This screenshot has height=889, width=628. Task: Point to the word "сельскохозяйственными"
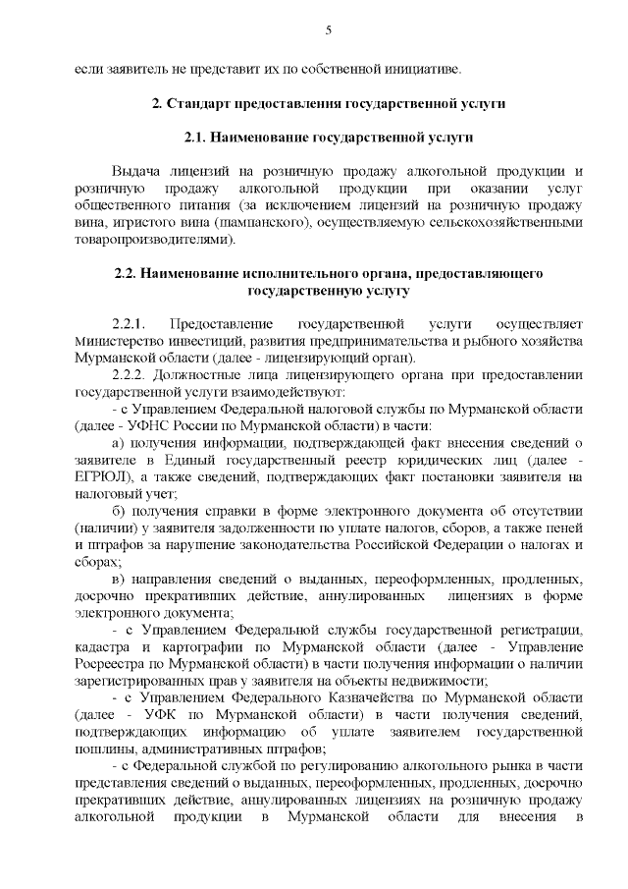click(x=505, y=223)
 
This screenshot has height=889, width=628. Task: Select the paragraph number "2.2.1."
click(x=130, y=323)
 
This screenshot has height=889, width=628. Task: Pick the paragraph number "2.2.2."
click(x=130, y=374)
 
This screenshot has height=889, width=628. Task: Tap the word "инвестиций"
click(x=209, y=340)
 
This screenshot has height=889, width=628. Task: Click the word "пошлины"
click(x=103, y=750)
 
